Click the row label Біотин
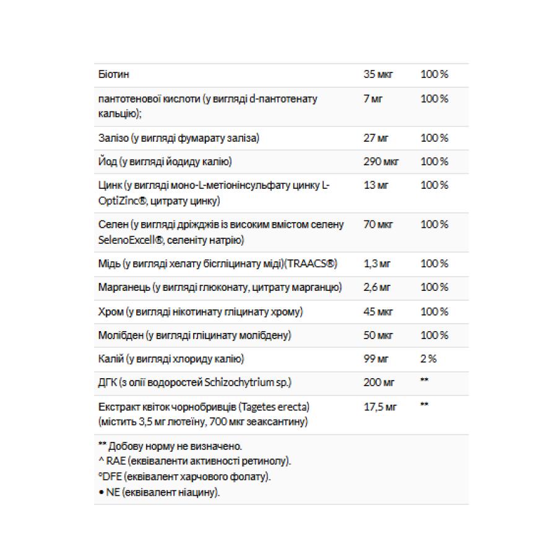[x=114, y=75]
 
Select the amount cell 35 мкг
[x=379, y=75]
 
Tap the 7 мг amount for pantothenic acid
[x=373, y=99]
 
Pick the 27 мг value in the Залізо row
[x=376, y=138]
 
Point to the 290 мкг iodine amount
[x=381, y=162]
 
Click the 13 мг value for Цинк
[x=376, y=185]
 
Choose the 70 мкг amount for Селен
[x=379, y=224]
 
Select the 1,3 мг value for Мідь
[x=377, y=264]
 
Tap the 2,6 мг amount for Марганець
[x=377, y=287]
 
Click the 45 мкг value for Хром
[x=379, y=311]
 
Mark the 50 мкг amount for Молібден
[x=379, y=335]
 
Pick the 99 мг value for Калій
[x=376, y=359]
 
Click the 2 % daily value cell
[x=428, y=359]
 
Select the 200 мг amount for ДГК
[x=378, y=382]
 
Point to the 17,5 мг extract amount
[x=380, y=407]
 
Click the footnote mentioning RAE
[x=194, y=462]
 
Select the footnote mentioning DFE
[x=184, y=477]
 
